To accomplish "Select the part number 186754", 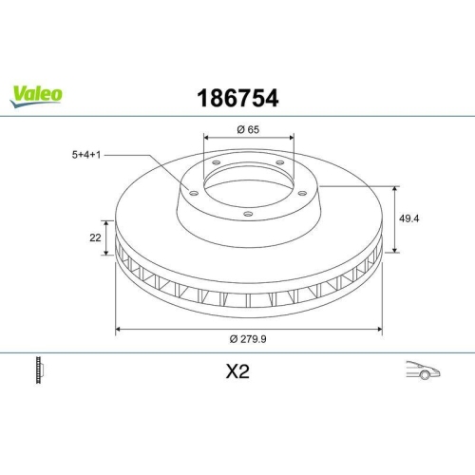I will pyautogui.click(x=237, y=96).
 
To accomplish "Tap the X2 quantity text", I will pyautogui.click(x=237, y=371).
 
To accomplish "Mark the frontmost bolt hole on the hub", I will pyautogui.click(x=249, y=214).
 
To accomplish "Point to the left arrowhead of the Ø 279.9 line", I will pyautogui.click(x=118, y=329).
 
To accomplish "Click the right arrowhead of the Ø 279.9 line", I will pyautogui.click(x=381, y=329).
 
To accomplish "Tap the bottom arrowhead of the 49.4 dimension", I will pyautogui.click(x=395, y=251).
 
